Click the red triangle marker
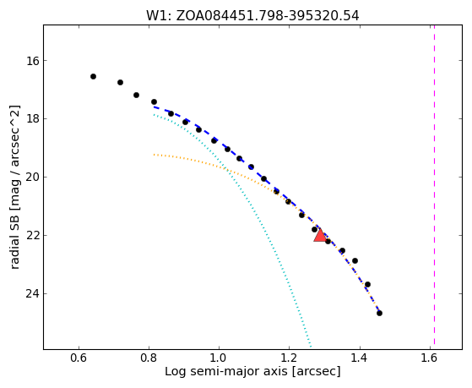point(320,236)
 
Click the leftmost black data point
point(94,77)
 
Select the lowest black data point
point(379,314)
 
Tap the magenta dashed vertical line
point(434,187)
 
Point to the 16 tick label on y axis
point(32,61)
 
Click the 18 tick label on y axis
point(32,119)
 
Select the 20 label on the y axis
point(32,178)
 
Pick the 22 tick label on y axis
point(32,236)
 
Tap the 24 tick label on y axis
point(32,293)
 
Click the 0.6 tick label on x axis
point(79,358)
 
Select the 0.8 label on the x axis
point(149,358)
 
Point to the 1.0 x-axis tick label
point(219,358)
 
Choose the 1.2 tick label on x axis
point(289,358)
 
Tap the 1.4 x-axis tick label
point(360,358)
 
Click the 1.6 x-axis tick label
point(430,358)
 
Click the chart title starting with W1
point(252,16)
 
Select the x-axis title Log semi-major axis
point(252,372)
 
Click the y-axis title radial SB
point(15,187)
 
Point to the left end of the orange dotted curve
point(155,155)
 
